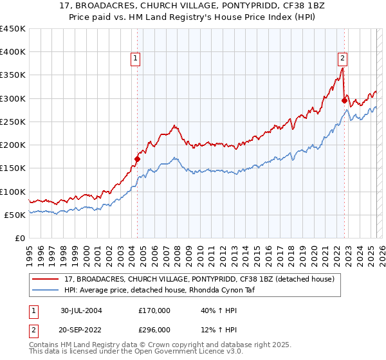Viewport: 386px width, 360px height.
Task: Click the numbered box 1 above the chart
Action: tap(136, 58)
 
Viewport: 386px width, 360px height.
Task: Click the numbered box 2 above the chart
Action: tap(343, 58)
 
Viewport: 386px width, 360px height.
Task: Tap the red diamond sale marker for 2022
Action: tap(344, 100)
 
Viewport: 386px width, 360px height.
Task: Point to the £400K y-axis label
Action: tap(13, 52)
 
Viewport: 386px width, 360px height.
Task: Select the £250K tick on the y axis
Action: tap(13, 122)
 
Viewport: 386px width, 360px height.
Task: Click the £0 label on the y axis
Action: tap(19, 238)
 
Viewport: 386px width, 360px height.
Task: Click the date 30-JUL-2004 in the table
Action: tap(81, 310)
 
